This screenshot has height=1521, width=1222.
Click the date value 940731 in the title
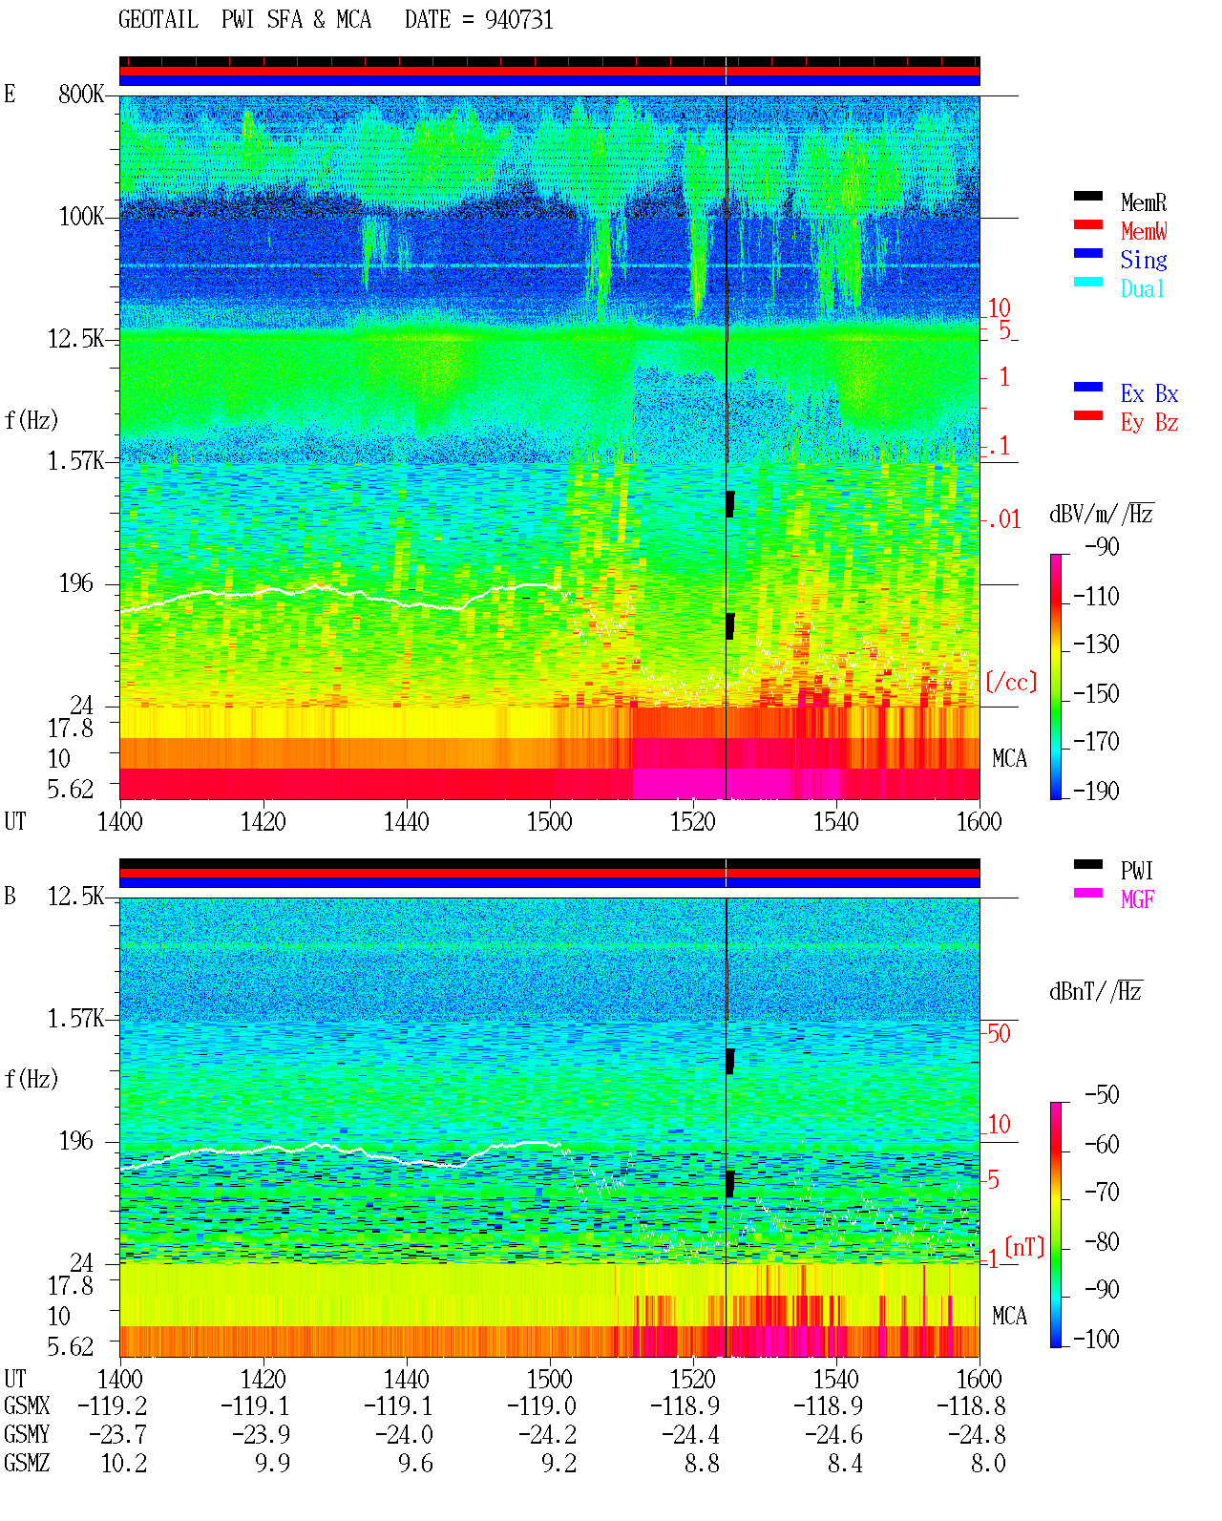[518, 20]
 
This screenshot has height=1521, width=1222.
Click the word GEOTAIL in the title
[158, 20]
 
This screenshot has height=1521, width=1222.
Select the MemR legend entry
[1143, 202]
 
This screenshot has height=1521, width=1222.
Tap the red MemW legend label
[1143, 231]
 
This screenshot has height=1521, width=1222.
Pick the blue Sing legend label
[1143, 260]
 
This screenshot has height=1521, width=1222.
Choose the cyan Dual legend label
[1142, 288]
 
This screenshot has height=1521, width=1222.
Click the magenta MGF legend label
[1137, 899]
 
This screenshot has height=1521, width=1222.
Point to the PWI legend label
[1136, 871]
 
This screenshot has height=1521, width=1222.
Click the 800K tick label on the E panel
[81, 94]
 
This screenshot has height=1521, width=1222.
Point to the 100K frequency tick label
[81, 217]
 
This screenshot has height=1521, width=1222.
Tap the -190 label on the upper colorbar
[1096, 791]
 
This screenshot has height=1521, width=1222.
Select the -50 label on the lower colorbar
[1102, 1095]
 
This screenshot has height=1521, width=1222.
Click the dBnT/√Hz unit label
[1096, 991]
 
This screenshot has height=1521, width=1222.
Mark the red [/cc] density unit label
[1011, 682]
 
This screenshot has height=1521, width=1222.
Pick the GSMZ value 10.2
[124, 1463]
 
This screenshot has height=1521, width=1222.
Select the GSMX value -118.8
[971, 1405]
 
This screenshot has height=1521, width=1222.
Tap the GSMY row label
[27, 1434]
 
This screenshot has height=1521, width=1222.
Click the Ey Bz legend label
[1149, 423]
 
